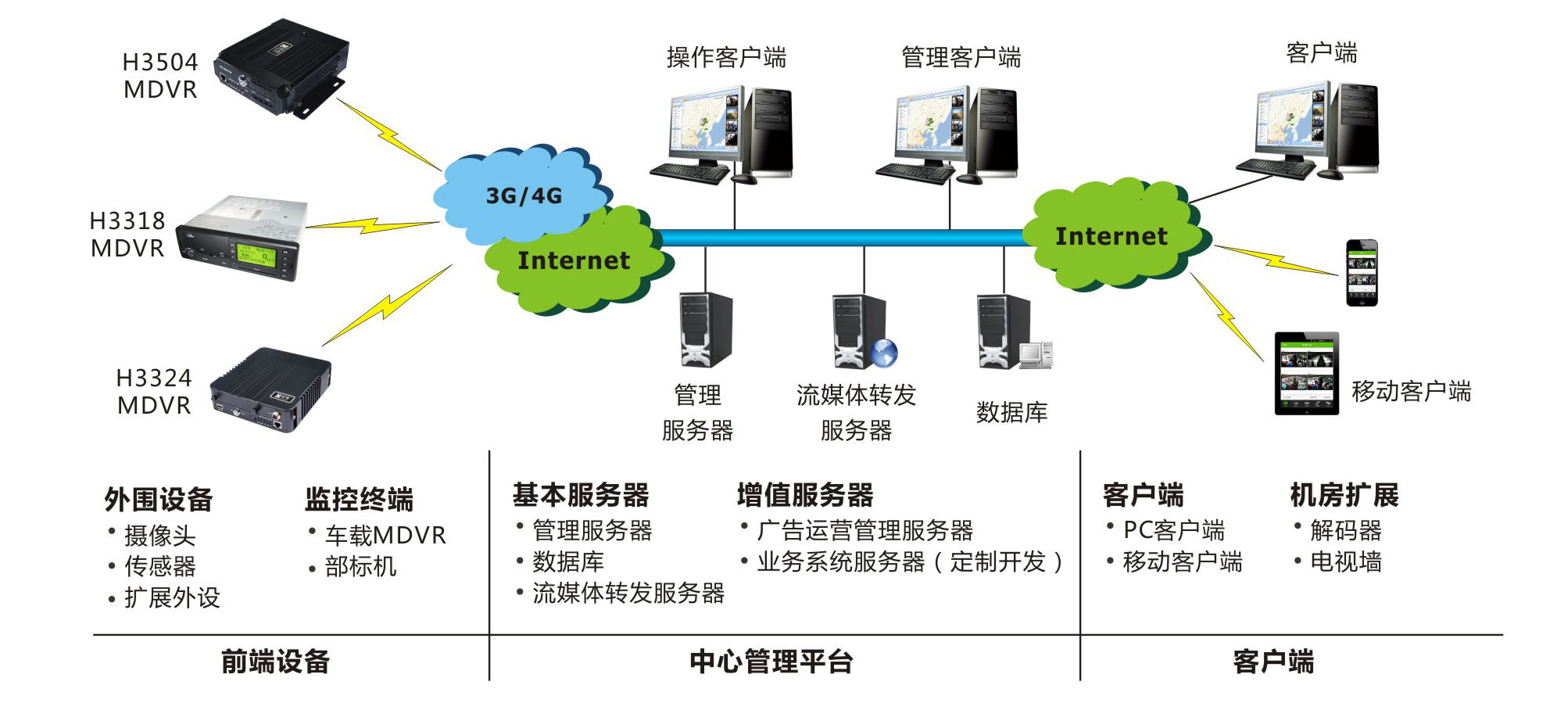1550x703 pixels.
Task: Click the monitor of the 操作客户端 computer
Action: tap(703, 125)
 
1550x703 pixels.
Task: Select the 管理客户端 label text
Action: tap(961, 57)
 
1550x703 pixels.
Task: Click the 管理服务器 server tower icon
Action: tap(705, 329)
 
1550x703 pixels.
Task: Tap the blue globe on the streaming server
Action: tap(884, 353)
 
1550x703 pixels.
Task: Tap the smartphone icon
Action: tap(1361, 272)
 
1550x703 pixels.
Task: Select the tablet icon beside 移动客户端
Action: tap(1306, 373)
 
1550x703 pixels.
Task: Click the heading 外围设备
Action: tap(159, 499)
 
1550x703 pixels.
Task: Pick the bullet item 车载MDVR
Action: tap(385, 536)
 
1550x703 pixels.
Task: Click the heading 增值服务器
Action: tap(805, 495)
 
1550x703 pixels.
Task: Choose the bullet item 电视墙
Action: tap(1345, 561)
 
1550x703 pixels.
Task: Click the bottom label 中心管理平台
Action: tap(771, 662)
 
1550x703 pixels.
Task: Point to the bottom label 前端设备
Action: tap(275, 662)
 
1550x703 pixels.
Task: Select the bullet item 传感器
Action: tap(159, 566)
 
